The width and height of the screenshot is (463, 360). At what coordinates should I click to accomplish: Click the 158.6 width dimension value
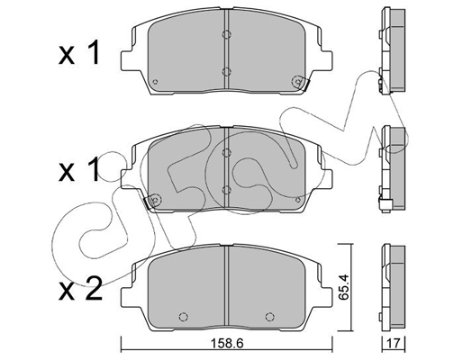pyautogui.click(x=226, y=344)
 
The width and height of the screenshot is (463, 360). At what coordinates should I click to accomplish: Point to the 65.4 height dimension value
pyautogui.click(x=343, y=286)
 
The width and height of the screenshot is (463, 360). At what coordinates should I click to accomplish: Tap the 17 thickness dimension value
pyautogui.click(x=394, y=344)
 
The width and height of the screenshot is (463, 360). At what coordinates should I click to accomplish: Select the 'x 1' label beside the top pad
pyautogui.click(x=78, y=53)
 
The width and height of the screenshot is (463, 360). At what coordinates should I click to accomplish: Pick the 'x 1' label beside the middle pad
pyautogui.click(x=78, y=170)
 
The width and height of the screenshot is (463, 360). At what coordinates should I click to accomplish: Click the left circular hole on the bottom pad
pyautogui.click(x=183, y=317)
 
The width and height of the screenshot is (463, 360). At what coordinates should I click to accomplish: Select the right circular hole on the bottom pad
pyautogui.click(x=270, y=317)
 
